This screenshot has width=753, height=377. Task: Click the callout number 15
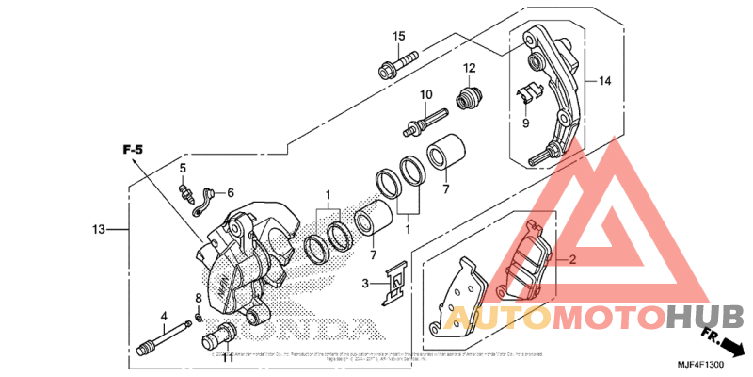coord(399,36)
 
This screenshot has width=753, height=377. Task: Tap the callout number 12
coord(469,68)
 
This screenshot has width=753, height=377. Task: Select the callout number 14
coord(603,82)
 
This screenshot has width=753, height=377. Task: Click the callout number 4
coord(164,316)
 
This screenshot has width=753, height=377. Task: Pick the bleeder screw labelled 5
coord(187,194)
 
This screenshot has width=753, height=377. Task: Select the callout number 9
coord(526,123)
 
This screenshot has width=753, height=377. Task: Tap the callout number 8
coord(199,299)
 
